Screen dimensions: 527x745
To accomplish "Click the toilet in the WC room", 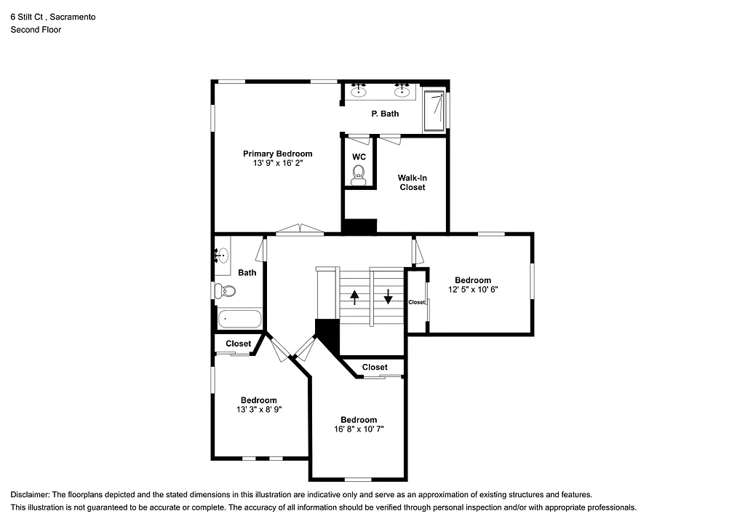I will pos(358,174).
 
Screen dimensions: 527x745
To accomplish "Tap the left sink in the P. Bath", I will pos(358,91).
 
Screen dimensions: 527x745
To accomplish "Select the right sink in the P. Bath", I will pos(401,91).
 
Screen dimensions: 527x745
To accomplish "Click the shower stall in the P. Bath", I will pos(434,110).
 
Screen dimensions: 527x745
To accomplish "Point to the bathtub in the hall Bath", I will pos(239,319).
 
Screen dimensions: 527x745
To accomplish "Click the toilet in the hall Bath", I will pos(226,291).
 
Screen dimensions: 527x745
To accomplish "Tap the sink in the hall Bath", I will pos(222,255).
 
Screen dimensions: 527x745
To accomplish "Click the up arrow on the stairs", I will pos(354,297).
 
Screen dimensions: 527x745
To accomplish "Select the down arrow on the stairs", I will pos(389,296).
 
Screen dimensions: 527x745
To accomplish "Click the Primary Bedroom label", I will pos(277,154).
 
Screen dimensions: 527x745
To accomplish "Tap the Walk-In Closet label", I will pos(412,182).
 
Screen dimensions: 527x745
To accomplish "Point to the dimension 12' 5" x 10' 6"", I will pos(473,290).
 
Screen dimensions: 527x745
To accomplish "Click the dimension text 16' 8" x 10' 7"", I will pos(359,429).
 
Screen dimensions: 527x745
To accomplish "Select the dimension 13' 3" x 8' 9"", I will pos(258,410).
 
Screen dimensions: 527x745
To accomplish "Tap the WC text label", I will pos(359,156).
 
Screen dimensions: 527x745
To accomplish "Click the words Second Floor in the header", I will pos(36,30).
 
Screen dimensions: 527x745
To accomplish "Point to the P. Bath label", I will pos(385,114).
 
